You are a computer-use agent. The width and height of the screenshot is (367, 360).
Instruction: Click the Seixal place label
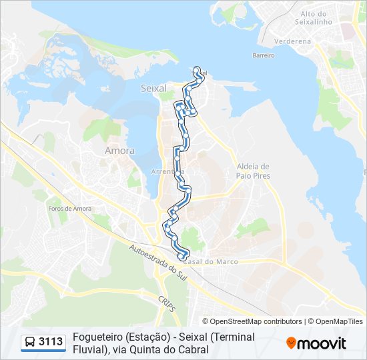point(153,88)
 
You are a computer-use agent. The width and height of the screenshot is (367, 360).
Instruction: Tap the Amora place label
point(119,151)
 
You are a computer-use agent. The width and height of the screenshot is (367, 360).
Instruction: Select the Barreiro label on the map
point(264,55)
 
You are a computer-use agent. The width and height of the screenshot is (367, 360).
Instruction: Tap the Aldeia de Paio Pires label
point(252,171)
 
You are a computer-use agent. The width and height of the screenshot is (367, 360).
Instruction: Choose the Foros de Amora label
point(69,209)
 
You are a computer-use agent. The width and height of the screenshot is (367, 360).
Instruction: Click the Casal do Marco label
point(210,261)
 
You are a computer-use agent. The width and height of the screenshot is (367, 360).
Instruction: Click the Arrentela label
point(168,171)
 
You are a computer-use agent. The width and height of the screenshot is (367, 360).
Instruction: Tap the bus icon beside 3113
point(30,343)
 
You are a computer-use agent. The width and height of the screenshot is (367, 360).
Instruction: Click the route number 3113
point(51,343)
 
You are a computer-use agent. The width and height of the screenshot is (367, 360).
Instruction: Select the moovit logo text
point(322,343)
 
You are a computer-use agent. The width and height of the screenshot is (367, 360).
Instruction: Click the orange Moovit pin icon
point(291,343)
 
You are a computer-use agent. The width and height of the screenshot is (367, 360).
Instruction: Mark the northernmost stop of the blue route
point(197,68)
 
